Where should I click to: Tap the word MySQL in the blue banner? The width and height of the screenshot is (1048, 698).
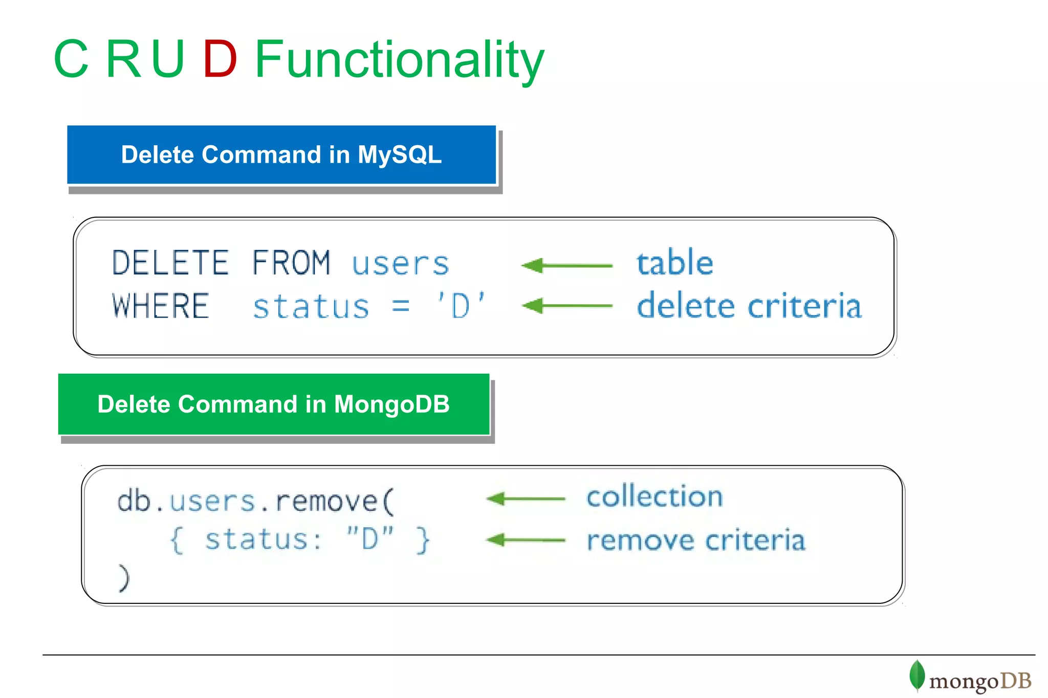click(399, 155)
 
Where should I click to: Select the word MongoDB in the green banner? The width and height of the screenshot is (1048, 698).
click(391, 404)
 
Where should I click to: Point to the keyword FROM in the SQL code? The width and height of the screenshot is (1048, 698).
click(291, 263)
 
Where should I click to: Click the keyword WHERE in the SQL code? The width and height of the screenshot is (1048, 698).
click(161, 306)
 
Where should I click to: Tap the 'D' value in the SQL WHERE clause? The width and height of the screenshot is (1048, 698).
click(461, 306)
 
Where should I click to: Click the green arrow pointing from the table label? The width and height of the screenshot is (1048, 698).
click(566, 265)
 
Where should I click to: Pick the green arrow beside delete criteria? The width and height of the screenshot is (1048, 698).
click(566, 306)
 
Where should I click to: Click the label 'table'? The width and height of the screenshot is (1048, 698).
click(674, 263)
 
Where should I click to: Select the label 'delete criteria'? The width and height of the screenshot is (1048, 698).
click(749, 306)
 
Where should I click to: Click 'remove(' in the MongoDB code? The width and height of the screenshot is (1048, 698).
click(335, 501)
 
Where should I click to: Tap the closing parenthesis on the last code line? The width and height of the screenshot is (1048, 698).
click(124, 578)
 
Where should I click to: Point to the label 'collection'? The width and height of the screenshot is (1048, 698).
click(654, 497)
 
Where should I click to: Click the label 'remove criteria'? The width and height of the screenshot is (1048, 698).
click(696, 541)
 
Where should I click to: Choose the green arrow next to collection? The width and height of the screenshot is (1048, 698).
click(526, 498)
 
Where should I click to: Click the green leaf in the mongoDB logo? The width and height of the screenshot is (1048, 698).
click(916, 675)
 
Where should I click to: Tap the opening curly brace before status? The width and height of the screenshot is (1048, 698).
click(177, 540)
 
